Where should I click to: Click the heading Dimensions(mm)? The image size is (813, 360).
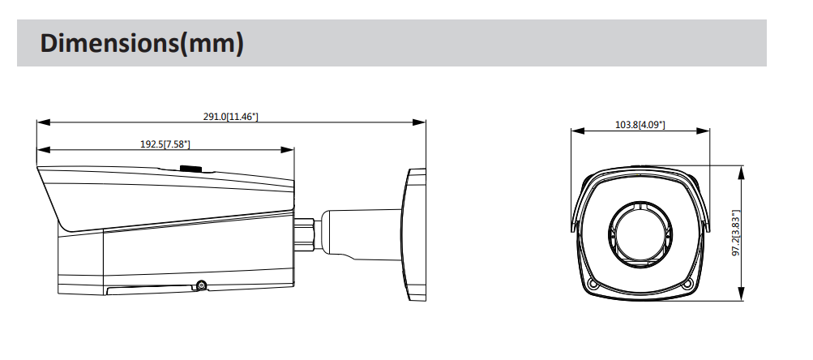142,43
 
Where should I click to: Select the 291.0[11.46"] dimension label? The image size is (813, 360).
230,117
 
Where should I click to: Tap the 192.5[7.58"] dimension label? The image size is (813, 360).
165,144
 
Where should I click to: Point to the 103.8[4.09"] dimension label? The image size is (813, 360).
640,124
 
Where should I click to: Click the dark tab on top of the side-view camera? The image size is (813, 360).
191,169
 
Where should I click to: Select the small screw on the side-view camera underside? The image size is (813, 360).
200,285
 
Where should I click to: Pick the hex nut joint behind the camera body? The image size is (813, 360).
306,234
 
